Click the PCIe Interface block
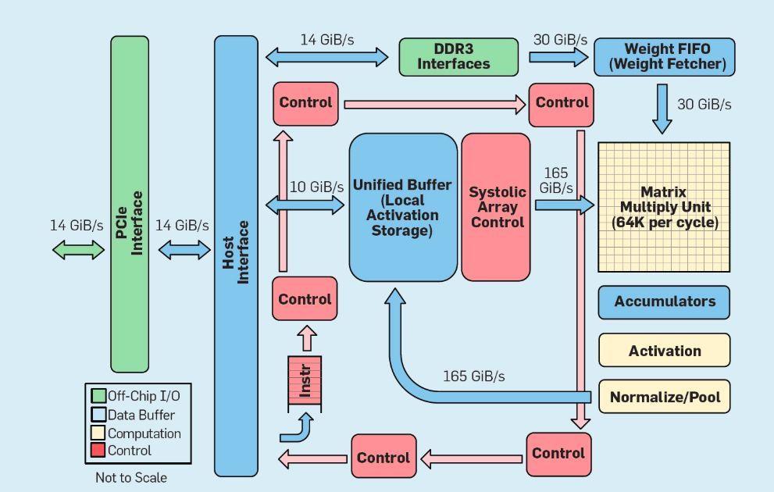point(130,204)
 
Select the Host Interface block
point(236,255)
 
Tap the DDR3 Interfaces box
point(458,57)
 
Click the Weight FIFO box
point(665,57)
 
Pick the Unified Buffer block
point(403,207)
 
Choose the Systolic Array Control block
point(496,207)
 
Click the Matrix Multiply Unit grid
point(664,207)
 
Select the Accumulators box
point(664,302)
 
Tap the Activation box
point(665,351)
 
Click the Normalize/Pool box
point(665,396)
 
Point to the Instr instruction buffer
point(305,381)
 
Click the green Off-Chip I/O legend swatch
point(98,396)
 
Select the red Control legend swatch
point(98,450)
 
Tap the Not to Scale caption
point(131,478)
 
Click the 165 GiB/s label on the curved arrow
point(474,376)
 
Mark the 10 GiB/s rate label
point(316,187)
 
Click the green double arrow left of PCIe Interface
point(78,250)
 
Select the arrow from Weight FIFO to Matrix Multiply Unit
point(662,109)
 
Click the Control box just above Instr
point(305,298)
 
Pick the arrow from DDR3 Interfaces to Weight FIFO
point(558,57)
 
